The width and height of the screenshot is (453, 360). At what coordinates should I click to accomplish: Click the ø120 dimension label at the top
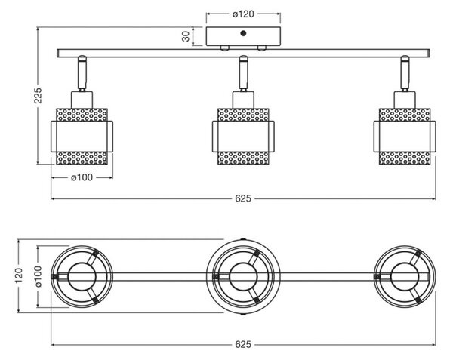(243, 14)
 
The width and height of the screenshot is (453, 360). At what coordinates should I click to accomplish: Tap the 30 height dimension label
(186, 36)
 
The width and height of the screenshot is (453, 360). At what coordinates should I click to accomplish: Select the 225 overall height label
(38, 95)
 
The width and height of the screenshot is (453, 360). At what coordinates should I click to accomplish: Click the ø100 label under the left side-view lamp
(82, 177)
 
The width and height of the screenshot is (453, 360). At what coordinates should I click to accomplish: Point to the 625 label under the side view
(243, 198)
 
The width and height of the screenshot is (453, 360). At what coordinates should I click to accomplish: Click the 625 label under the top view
(243, 344)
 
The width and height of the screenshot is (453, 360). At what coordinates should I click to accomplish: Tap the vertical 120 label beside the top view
(19, 275)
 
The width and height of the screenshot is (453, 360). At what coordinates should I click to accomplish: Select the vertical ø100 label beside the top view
(39, 276)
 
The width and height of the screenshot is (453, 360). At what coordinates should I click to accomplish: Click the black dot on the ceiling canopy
(243, 33)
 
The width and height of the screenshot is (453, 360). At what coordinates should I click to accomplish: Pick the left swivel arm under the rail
(82, 73)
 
